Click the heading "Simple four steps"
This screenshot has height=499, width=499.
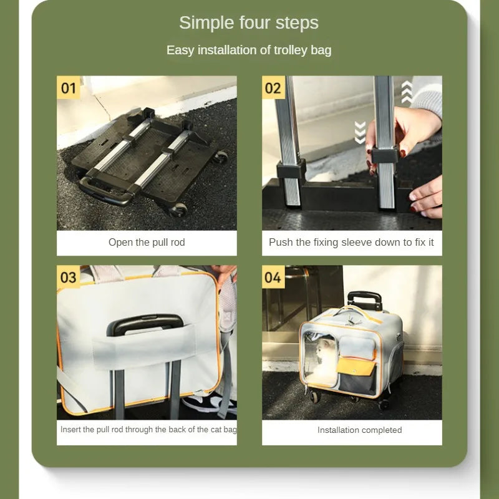(248, 23)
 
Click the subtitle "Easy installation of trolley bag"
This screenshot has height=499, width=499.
(249, 51)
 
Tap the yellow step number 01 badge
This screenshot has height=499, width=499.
(69, 87)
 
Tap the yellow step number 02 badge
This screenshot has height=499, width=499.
(273, 87)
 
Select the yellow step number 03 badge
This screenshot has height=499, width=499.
(69, 277)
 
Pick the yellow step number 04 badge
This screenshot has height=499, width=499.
(273, 277)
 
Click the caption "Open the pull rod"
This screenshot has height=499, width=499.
(147, 243)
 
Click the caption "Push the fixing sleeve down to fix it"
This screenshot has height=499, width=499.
(351, 243)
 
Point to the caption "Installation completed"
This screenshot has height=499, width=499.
(360, 430)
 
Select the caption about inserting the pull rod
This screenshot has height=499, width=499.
(148, 430)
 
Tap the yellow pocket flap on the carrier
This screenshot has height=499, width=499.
(356, 366)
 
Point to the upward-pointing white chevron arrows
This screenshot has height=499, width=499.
(407, 92)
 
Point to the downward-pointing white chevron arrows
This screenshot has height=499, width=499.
(360, 132)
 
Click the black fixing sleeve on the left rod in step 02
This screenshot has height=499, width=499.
(291, 168)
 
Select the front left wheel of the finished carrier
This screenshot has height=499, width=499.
(314, 397)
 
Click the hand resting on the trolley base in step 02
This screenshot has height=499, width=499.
(427, 197)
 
